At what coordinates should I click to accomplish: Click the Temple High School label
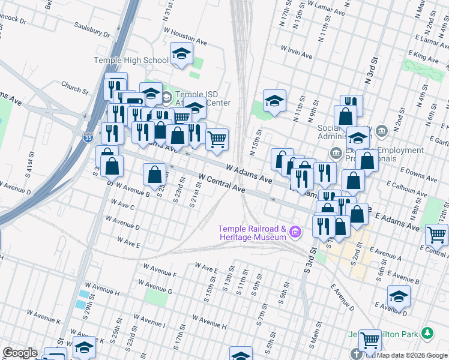[131, 60]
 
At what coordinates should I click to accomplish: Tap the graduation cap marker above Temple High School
[181, 55]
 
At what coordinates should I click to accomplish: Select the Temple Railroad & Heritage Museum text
[252, 233]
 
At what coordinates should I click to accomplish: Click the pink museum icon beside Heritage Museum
[295, 232]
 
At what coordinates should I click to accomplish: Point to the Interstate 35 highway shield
[88, 137]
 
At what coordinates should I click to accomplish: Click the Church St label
[74, 89]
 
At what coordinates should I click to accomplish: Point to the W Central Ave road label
[221, 184]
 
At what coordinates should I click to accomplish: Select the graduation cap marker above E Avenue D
[399, 296]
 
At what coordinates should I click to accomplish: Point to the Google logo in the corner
[20, 353]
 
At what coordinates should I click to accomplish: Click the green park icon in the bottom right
[427, 332]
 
